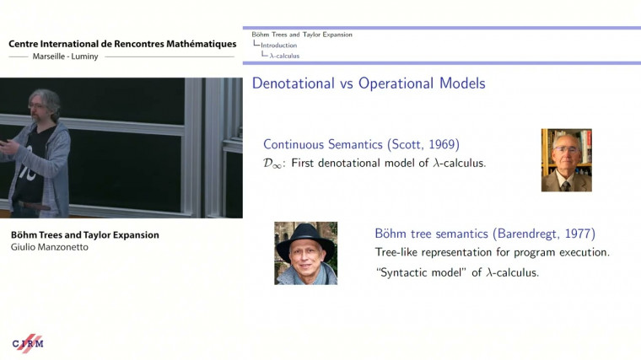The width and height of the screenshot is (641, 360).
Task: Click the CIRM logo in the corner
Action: pos(28,343)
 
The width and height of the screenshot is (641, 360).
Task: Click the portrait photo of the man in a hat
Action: pos(305,253)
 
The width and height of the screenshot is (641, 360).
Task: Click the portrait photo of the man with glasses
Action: pos(566,160)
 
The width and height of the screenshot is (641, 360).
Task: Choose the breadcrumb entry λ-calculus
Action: pos(284,56)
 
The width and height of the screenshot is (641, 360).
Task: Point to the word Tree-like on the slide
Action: pos(398,252)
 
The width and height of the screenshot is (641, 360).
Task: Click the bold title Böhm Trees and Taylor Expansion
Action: pos(85,234)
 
